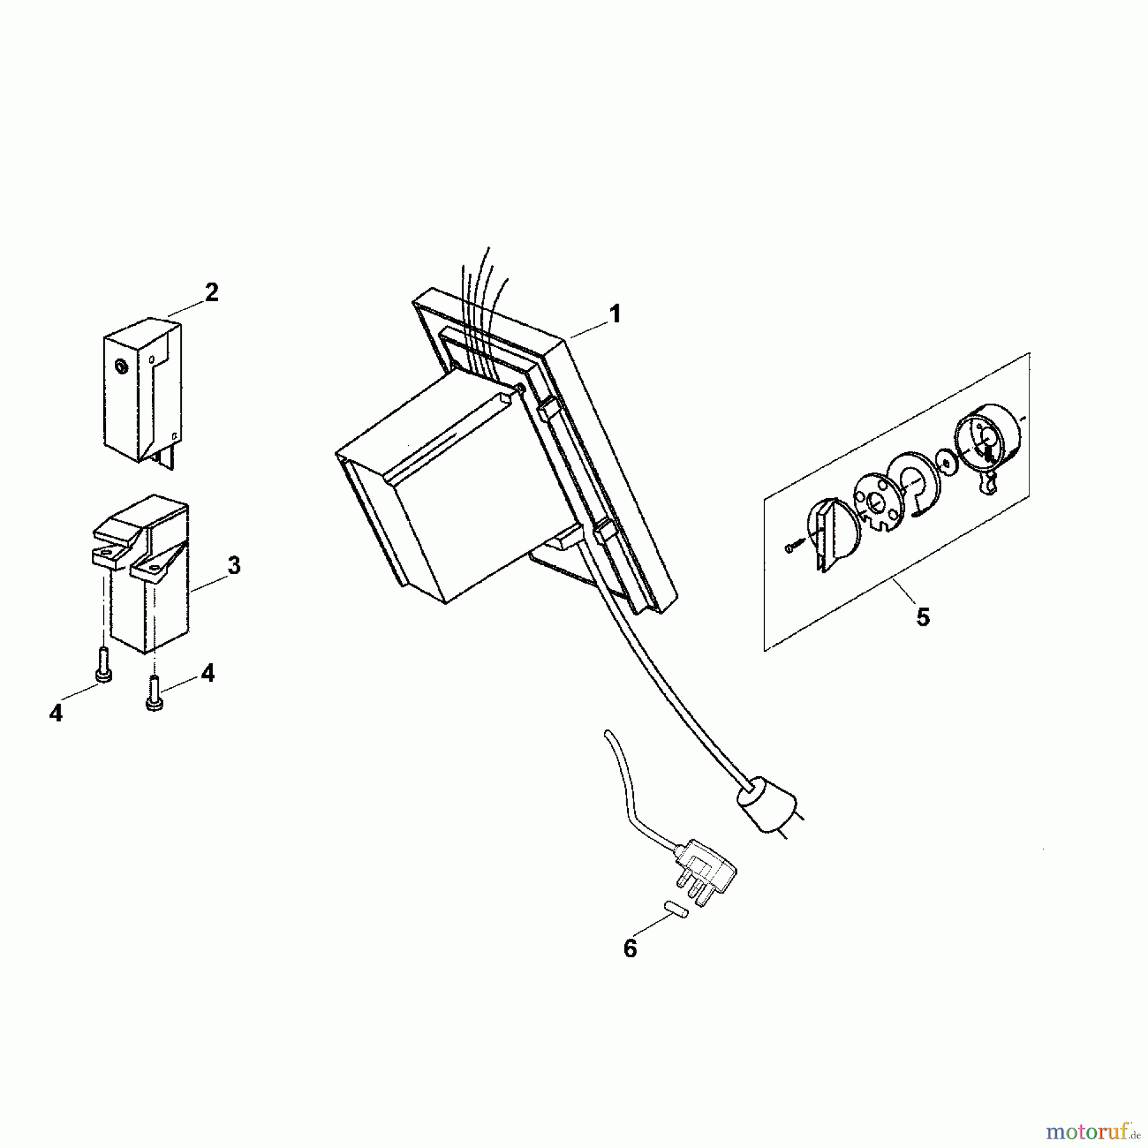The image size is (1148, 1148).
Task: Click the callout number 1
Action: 614,314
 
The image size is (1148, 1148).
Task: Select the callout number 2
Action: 211,293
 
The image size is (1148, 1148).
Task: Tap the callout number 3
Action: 233,565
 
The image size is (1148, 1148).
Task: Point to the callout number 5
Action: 923,617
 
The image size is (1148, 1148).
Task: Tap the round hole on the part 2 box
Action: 119,366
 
